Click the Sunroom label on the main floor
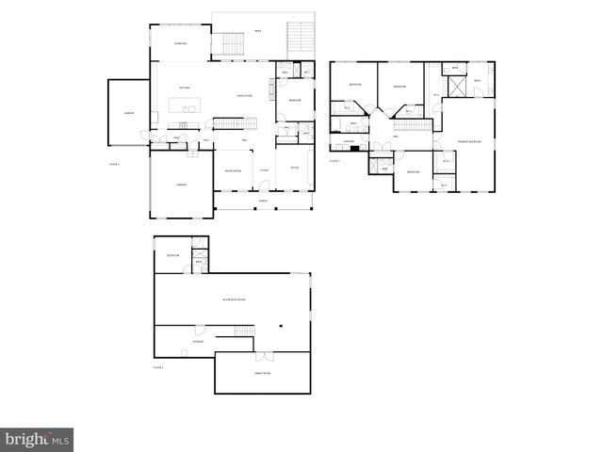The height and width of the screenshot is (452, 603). [180, 43]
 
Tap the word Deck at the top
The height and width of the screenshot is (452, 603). [258, 31]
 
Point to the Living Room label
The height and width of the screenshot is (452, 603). [242, 95]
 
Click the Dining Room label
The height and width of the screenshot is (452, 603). [232, 170]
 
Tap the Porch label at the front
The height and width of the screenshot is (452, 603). [263, 202]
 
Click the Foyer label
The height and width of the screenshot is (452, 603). [265, 170]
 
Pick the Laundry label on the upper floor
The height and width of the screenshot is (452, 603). [348, 141]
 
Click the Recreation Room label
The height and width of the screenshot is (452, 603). [234, 299]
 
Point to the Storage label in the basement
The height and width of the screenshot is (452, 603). [198, 341]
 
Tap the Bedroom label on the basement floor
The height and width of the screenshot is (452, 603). [172, 256]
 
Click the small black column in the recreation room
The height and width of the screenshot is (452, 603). [280, 327]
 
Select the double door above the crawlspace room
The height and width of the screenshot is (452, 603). [265, 357]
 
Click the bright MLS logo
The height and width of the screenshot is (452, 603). [37, 439]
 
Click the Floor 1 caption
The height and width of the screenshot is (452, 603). [158, 366]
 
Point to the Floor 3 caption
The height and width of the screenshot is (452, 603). [334, 161]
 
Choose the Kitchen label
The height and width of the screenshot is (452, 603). [185, 88]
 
